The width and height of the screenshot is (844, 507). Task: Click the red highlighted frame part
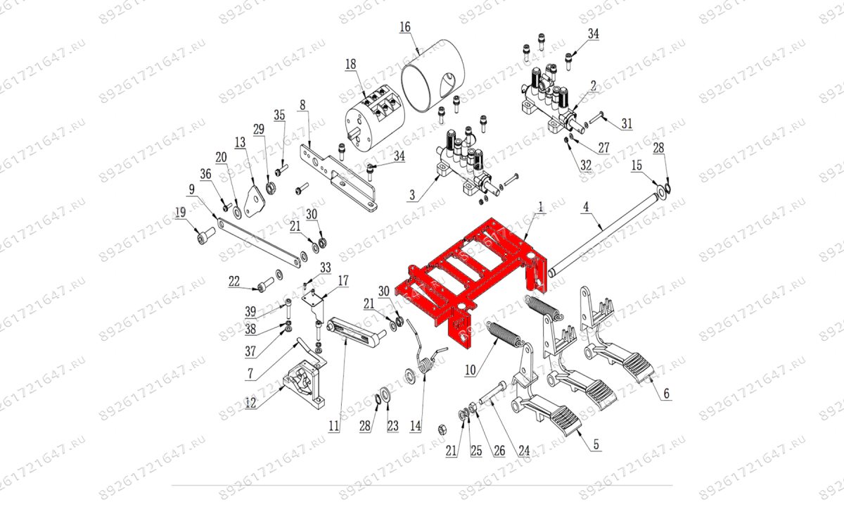pos(464,282)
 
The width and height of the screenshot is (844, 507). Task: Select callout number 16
pos(404,27)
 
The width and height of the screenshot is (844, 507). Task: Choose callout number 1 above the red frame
pos(541,208)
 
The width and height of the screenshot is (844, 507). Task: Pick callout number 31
pos(626,124)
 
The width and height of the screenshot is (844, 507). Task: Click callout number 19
pos(180,211)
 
